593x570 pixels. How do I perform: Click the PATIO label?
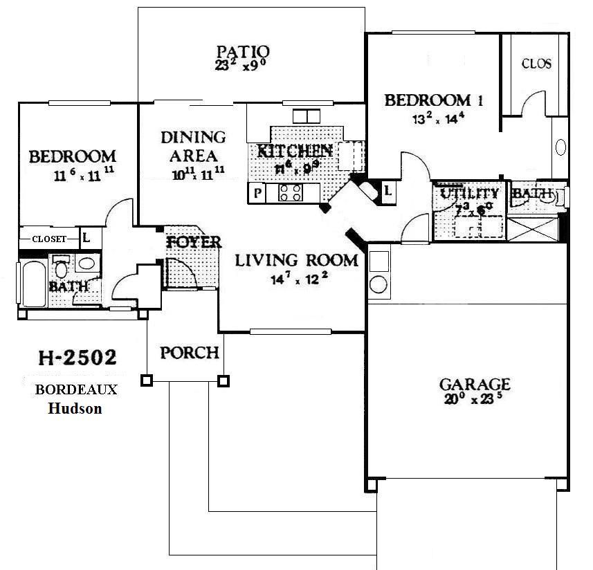click(242, 52)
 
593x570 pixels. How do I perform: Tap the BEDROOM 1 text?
click(433, 100)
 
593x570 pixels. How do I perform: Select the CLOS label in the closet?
click(536, 64)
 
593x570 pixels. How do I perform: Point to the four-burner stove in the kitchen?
click(291, 192)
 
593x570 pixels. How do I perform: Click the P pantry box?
click(257, 193)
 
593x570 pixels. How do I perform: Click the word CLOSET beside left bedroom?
click(49, 239)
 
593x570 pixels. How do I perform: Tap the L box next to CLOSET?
click(86, 238)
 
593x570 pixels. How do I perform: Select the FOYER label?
click(194, 242)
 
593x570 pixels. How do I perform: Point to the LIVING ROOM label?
click(297, 260)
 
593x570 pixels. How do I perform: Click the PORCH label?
click(190, 353)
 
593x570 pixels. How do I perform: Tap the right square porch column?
click(223, 380)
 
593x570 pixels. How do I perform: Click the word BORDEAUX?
click(76, 389)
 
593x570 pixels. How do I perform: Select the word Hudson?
click(75, 408)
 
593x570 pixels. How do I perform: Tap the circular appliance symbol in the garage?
click(378, 284)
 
